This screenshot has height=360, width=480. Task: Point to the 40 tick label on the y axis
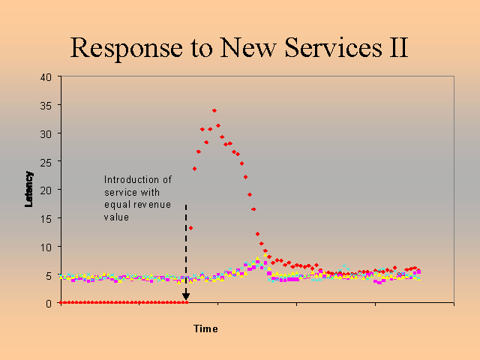click(46, 77)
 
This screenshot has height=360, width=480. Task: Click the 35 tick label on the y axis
click(46, 106)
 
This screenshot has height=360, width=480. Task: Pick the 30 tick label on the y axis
click(46, 133)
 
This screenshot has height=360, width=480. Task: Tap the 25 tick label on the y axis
click(46, 162)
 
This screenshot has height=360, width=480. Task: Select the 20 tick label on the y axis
click(46, 190)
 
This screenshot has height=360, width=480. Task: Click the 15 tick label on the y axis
click(46, 219)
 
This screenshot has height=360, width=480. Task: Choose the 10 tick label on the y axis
click(46, 247)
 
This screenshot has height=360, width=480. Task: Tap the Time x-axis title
click(205, 328)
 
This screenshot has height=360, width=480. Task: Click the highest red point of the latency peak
click(214, 111)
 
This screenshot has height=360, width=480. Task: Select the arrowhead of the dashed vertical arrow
click(186, 297)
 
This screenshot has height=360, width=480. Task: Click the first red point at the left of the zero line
click(61, 303)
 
